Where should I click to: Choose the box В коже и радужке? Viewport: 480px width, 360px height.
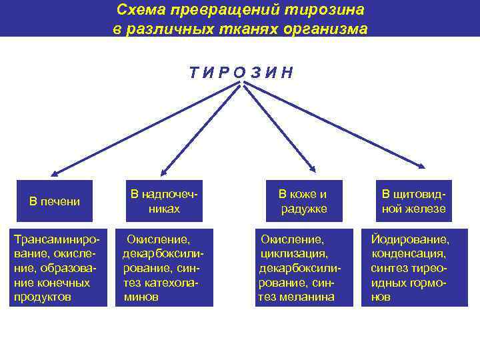click(x=303, y=201)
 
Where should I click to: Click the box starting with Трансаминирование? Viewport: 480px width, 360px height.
click(x=58, y=267)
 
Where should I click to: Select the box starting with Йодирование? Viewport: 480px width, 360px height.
click(x=409, y=267)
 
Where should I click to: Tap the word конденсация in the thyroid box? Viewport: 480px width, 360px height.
click(x=409, y=253)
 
